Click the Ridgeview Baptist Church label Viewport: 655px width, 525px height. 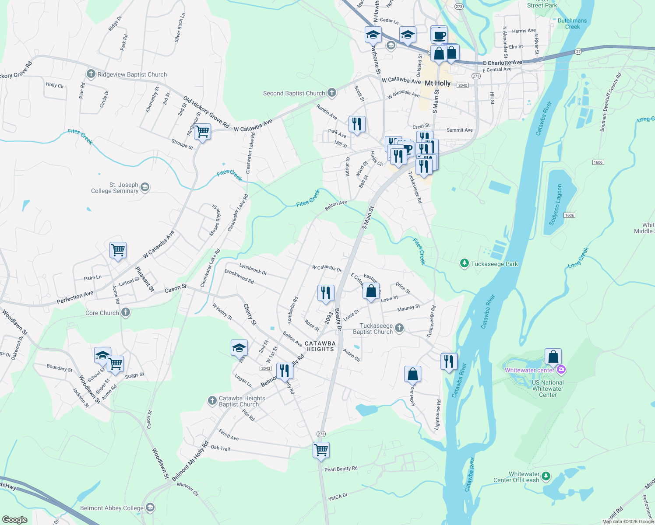click(x=132, y=75)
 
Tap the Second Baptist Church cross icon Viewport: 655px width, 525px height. click(x=332, y=93)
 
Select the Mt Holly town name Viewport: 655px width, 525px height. click(x=437, y=83)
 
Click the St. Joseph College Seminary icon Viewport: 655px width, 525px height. click(x=145, y=188)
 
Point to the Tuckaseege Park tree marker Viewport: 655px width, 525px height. click(x=464, y=263)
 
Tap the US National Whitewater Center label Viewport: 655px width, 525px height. click(x=548, y=388)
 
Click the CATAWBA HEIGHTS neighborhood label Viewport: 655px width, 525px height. click(x=320, y=346)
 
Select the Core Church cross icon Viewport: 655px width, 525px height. click(x=126, y=312)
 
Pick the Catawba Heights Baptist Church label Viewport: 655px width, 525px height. click(x=242, y=401)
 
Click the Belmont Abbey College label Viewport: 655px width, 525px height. click(x=112, y=508)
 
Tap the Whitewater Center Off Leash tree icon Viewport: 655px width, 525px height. click(x=546, y=476)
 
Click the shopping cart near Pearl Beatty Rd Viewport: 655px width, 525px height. click(x=321, y=450)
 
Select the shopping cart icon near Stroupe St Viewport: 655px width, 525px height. click(x=202, y=131)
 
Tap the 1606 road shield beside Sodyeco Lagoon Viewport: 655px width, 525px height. click(x=569, y=215)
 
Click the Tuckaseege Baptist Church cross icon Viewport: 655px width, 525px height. click(x=399, y=328)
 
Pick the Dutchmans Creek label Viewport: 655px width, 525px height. click(x=572, y=24)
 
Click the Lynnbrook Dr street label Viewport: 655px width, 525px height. click(x=253, y=269)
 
